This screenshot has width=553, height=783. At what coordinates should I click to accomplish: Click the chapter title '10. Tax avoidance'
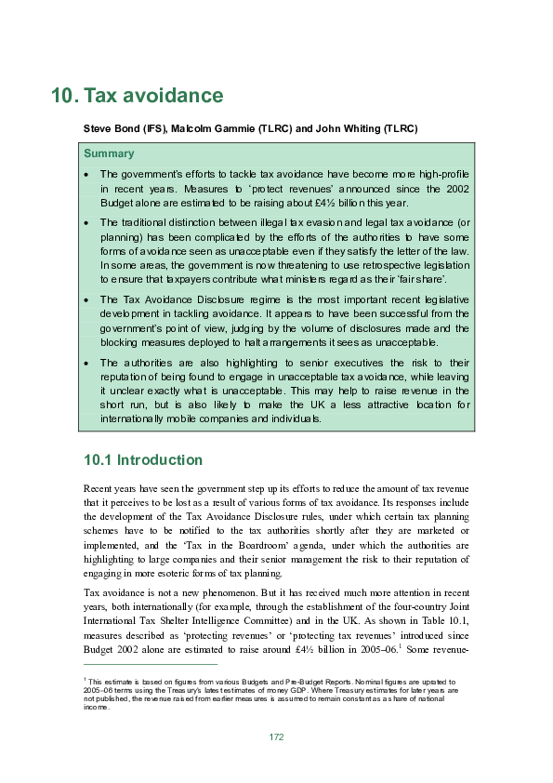click(x=138, y=96)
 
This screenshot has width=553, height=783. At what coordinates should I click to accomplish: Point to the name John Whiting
click(x=351, y=127)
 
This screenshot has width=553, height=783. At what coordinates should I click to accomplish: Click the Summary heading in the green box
click(x=109, y=153)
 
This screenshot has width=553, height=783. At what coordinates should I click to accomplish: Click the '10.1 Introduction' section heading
click(x=142, y=459)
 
